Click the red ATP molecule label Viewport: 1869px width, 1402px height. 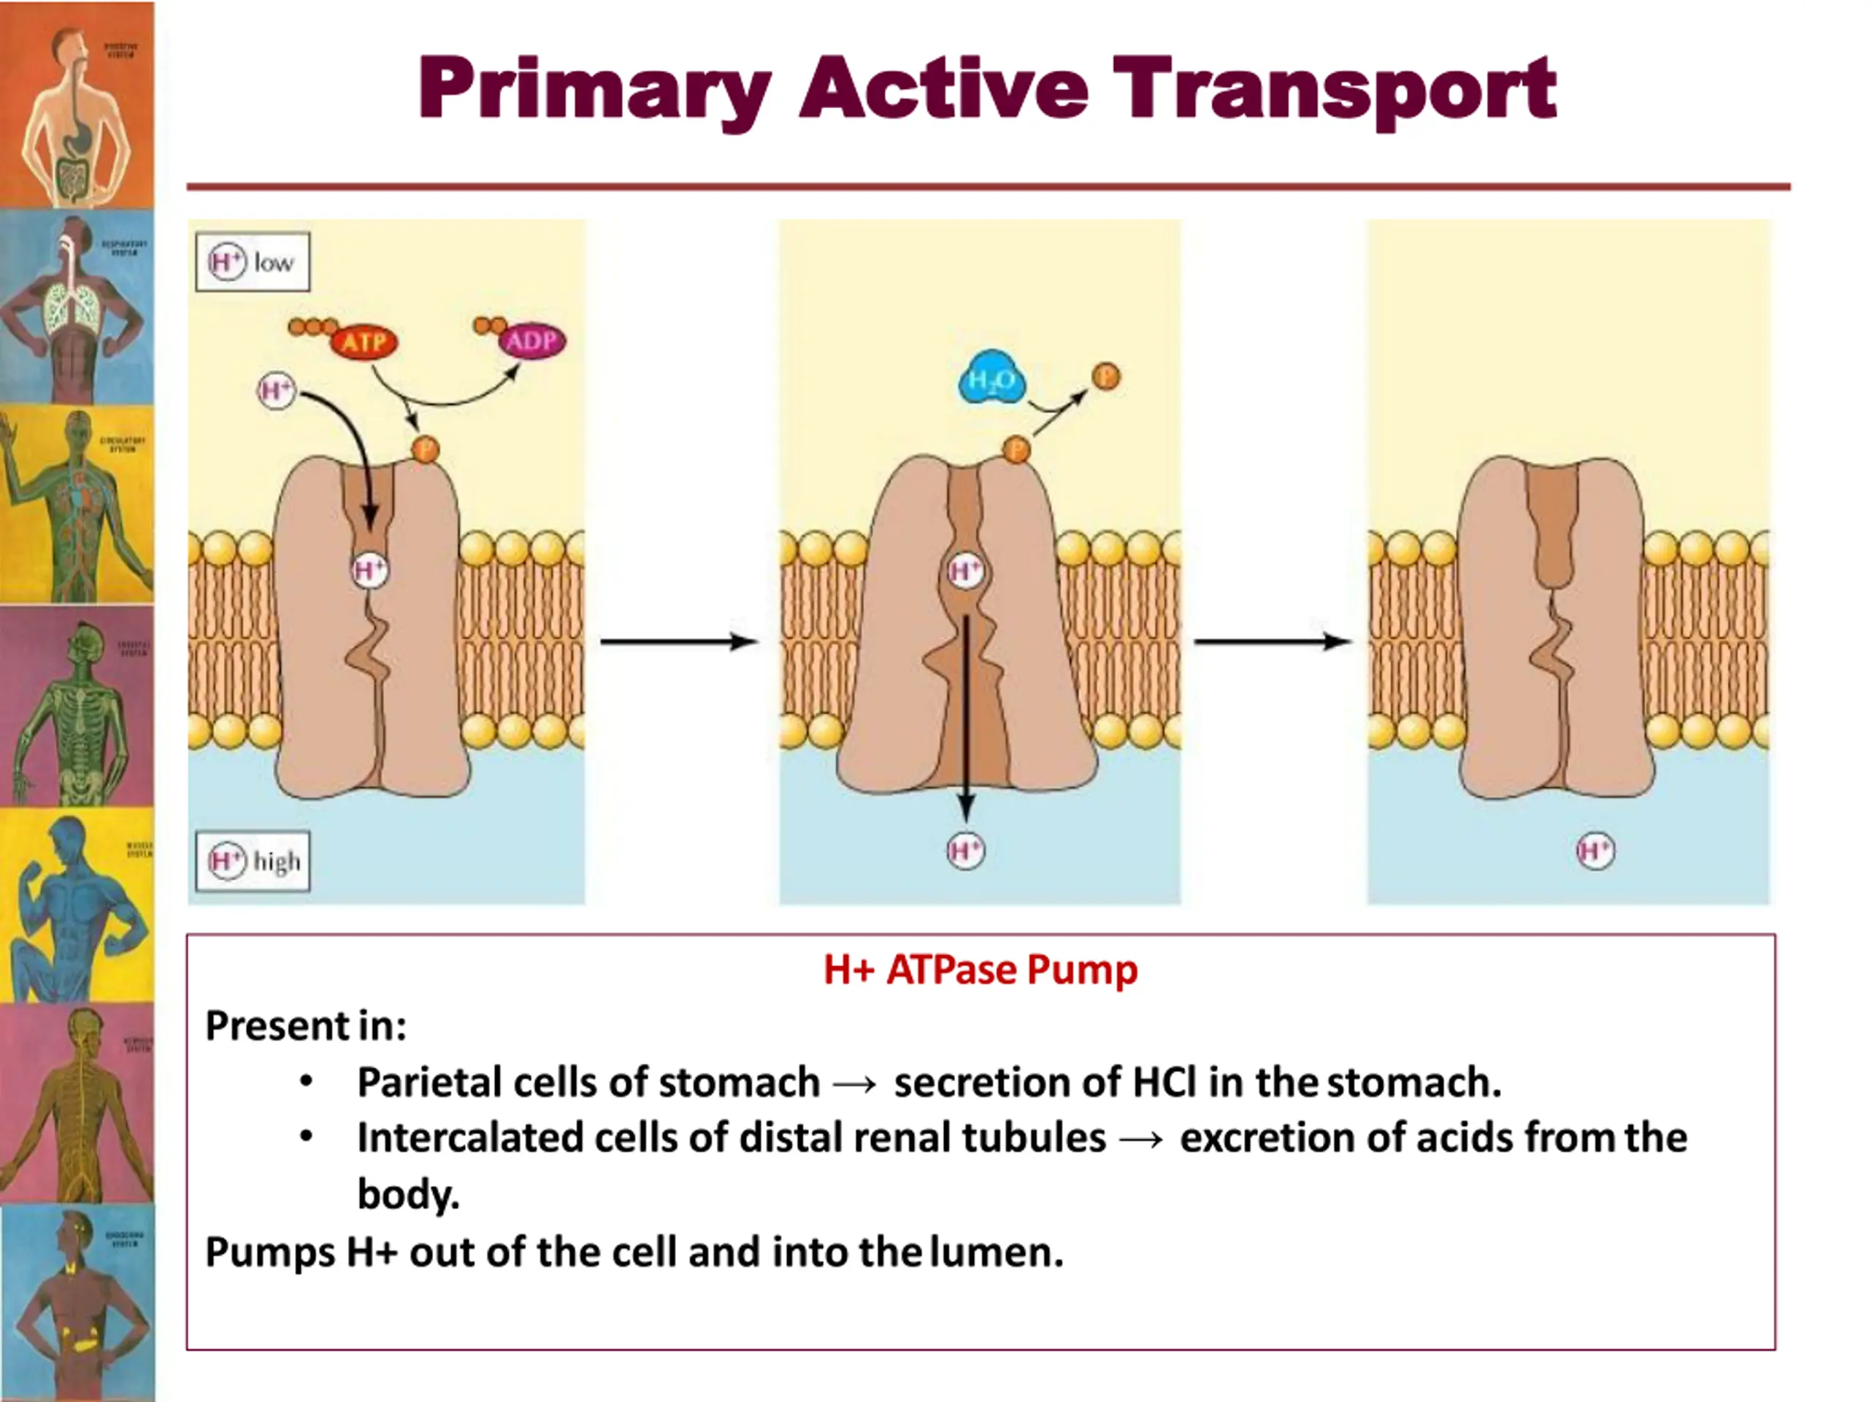click(364, 342)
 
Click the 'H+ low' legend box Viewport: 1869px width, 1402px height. click(253, 262)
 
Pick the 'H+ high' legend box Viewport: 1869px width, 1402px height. click(253, 861)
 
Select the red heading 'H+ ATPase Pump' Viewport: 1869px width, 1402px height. click(980, 969)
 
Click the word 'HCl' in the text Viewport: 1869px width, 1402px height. click(1164, 1083)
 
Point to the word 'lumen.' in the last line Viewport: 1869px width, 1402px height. click(997, 1252)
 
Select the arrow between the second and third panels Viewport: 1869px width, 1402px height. click(1272, 643)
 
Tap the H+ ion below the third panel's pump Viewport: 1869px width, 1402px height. click(1595, 850)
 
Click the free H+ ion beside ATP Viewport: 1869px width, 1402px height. click(276, 391)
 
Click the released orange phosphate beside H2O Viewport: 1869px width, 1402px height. click(1106, 376)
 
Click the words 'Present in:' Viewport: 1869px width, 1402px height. click(306, 1026)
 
